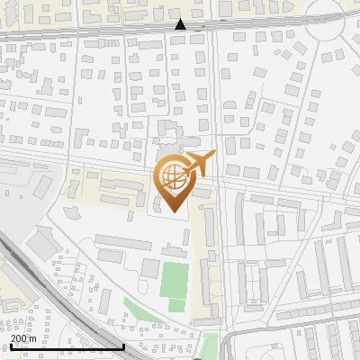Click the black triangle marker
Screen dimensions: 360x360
click(x=181, y=24)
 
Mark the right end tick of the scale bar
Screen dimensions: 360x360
click(x=124, y=346)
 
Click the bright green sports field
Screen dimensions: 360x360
click(x=175, y=281)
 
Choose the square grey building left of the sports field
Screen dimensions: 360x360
click(x=150, y=267)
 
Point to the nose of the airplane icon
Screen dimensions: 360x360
click(x=215, y=157)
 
